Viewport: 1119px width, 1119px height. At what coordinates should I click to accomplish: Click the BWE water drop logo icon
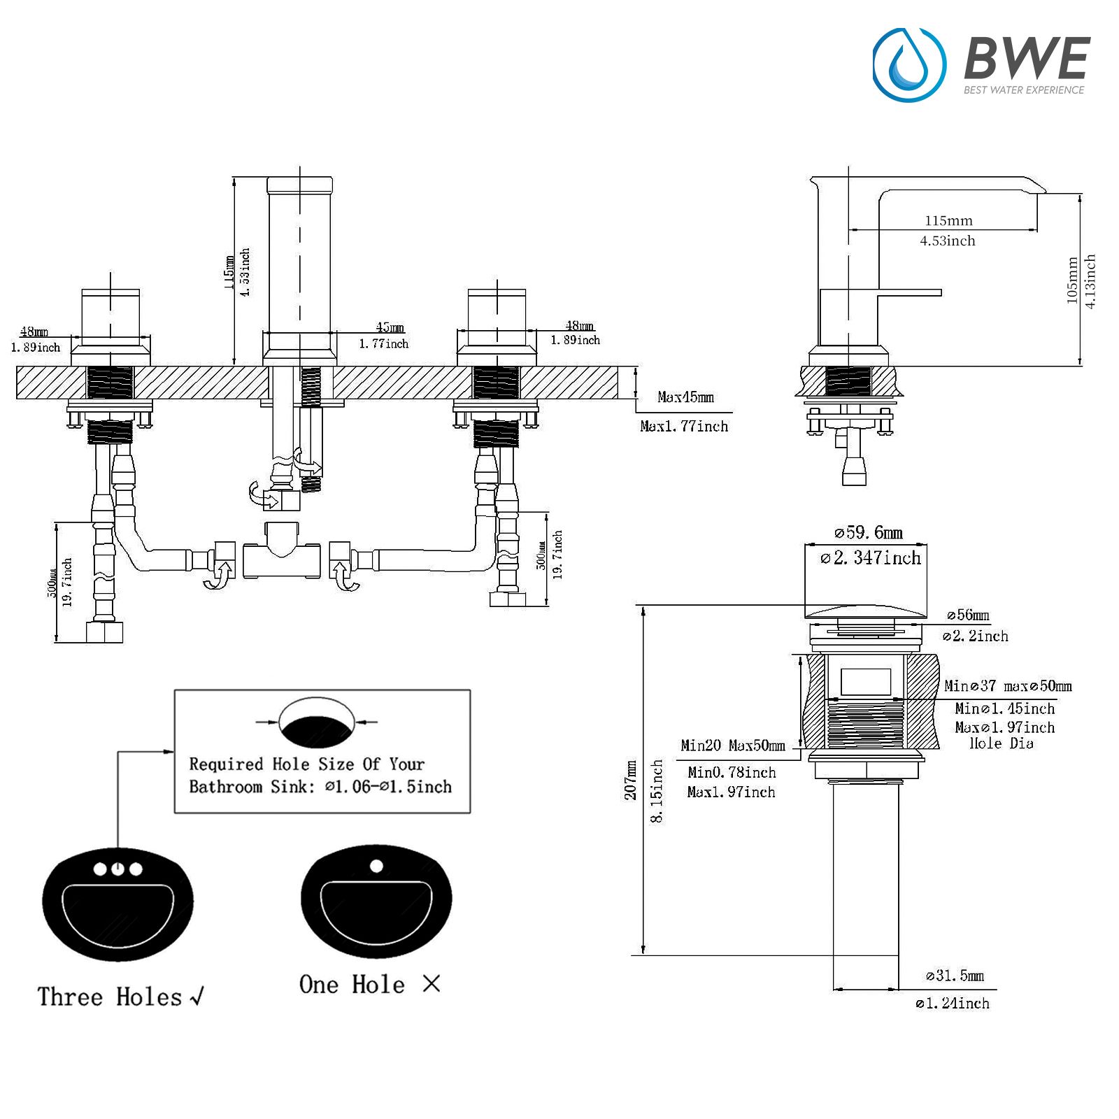tap(909, 64)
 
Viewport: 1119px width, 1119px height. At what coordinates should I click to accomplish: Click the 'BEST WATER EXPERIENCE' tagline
tap(1023, 90)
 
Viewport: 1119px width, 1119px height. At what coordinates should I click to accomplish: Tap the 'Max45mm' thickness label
tap(685, 397)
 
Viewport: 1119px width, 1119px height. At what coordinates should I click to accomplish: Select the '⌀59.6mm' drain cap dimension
tap(868, 533)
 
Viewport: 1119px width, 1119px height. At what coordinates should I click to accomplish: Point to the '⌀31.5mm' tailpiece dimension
tap(955, 976)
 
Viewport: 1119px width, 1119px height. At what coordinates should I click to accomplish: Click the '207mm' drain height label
tap(632, 780)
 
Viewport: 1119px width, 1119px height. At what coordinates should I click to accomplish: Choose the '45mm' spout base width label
tap(390, 327)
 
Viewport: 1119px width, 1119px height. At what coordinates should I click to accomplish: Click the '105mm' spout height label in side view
tap(1072, 280)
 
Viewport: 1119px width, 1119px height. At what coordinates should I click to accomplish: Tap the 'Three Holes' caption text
tap(110, 997)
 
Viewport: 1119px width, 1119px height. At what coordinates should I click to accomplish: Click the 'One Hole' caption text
tap(352, 985)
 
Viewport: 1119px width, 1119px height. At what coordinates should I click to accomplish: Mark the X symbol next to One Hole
tap(432, 984)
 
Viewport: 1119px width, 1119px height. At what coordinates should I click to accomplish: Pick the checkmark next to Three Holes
tap(197, 996)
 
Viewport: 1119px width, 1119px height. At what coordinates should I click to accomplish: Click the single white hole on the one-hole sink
tap(376, 866)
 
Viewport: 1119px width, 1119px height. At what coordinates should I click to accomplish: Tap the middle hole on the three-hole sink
tap(117, 869)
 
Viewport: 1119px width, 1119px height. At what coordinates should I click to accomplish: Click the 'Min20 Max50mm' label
tap(732, 746)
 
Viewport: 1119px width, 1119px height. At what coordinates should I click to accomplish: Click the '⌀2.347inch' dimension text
tap(871, 558)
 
